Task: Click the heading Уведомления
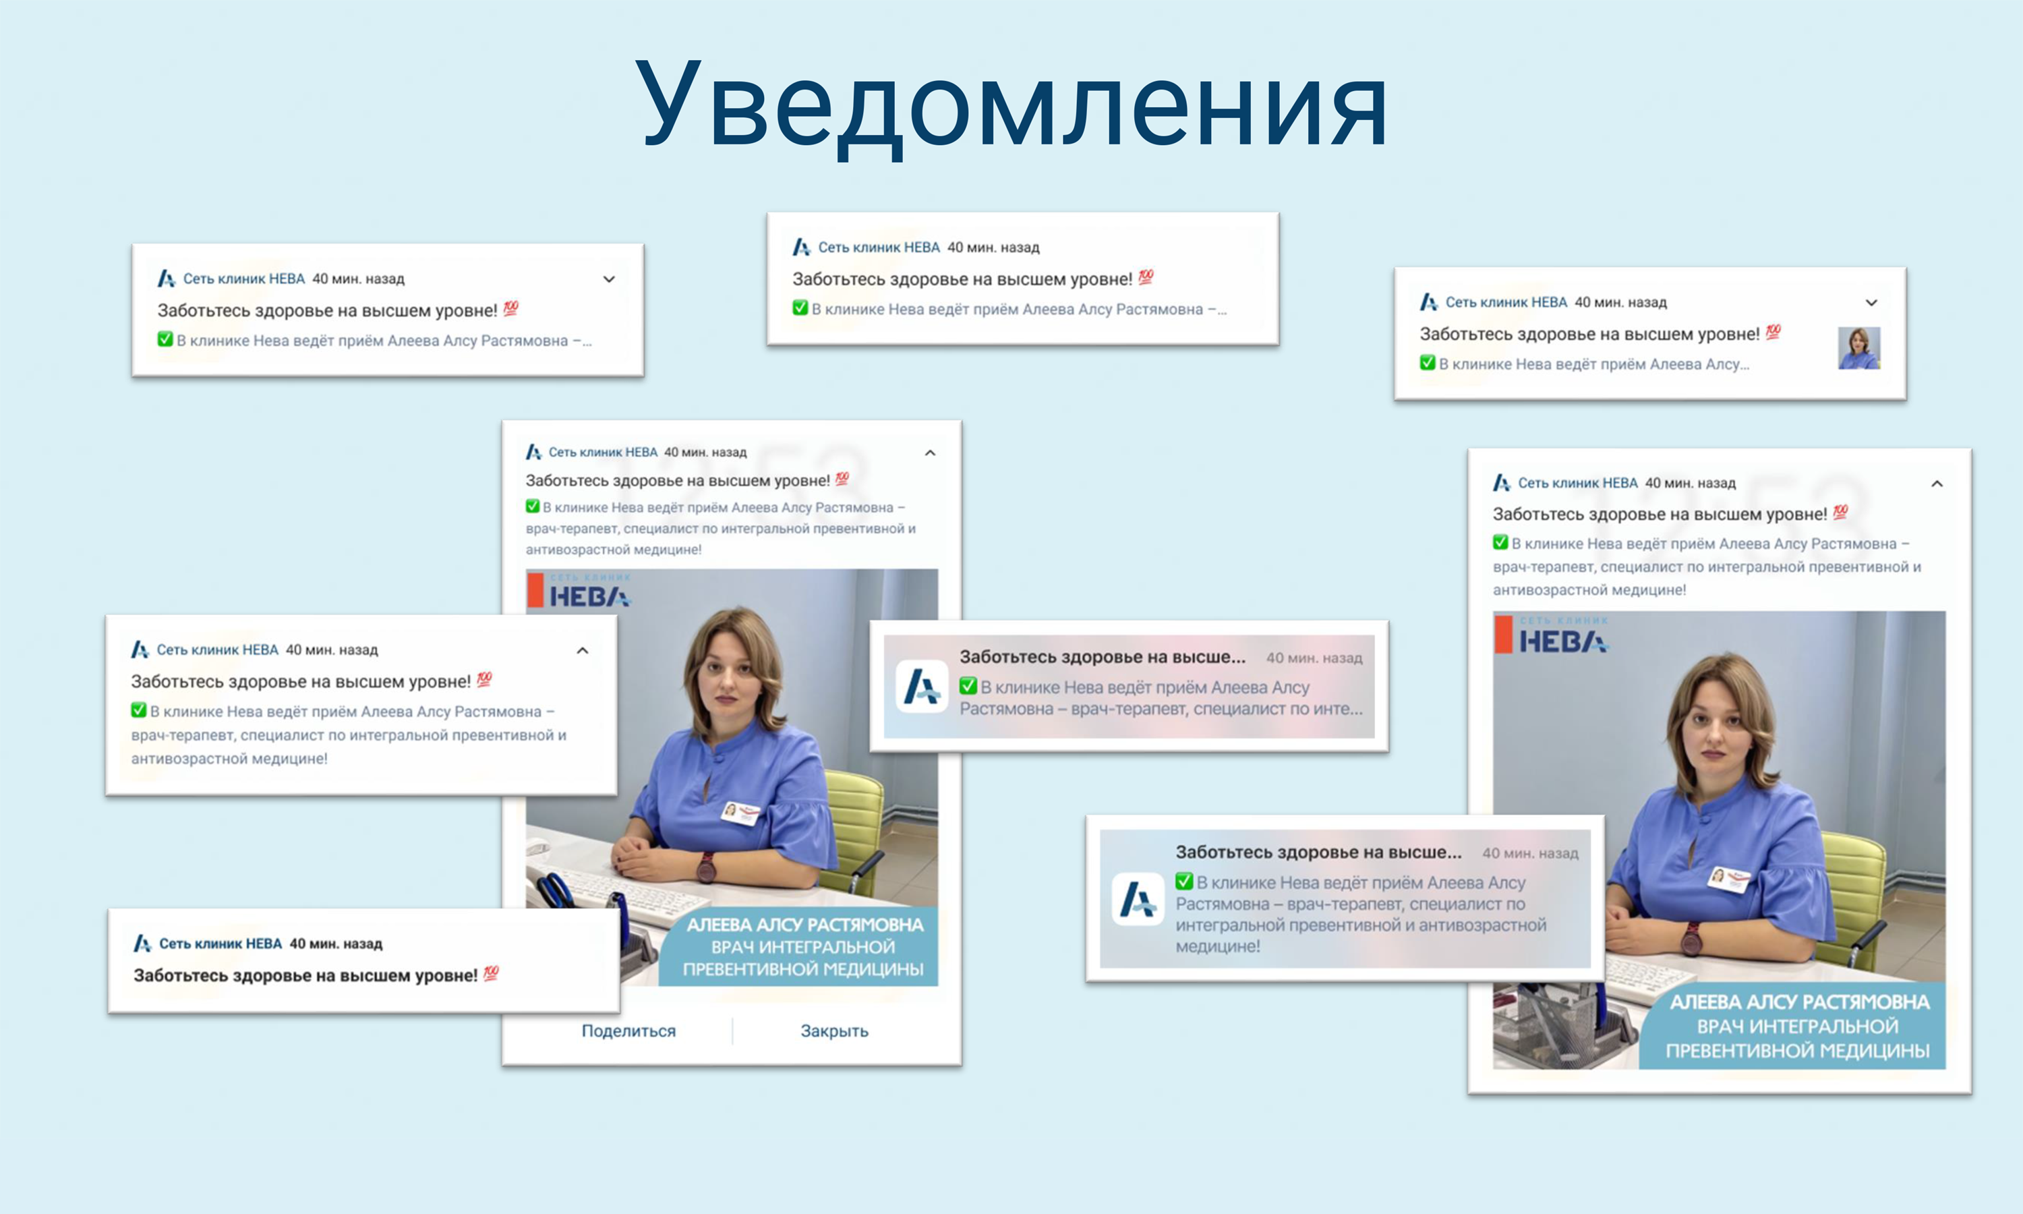[1011, 107]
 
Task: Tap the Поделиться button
[628, 1031]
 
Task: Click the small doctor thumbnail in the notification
[1858, 347]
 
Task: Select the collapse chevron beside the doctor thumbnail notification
[1871, 303]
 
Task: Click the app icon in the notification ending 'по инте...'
[922, 687]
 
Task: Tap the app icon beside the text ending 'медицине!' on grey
[1138, 899]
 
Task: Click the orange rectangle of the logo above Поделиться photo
[535, 590]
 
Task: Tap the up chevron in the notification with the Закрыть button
[930, 453]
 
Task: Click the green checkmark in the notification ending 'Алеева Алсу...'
[1428, 362]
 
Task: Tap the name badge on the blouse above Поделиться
[740, 811]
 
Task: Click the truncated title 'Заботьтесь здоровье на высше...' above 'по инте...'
[1103, 657]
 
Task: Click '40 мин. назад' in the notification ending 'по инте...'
[1314, 658]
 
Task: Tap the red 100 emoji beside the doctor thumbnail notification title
[1773, 332]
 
